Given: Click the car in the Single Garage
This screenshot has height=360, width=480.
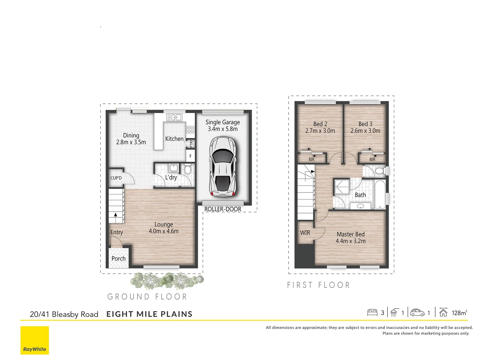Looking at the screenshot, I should (x=223, y=167).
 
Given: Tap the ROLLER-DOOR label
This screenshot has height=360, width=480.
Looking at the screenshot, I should (x=223, y=209).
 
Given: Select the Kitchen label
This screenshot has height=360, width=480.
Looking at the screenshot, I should (x=174, y=139).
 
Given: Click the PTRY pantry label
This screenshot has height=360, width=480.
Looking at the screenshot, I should (x=191, y=144).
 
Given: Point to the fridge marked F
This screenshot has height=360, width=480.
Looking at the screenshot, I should (x=190, y=156).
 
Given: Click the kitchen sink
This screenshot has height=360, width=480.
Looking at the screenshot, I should (x=174, y=117).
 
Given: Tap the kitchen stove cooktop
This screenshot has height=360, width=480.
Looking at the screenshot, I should (x=190, y=129).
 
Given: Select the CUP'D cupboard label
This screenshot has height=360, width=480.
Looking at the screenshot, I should (x=116, y=178).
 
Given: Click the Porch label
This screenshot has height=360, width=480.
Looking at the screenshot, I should (x=118, y=259).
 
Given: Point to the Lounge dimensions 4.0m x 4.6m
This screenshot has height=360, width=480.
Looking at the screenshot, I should (x=164, y=231).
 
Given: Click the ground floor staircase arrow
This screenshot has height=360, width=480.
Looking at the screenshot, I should (x=116, y=215).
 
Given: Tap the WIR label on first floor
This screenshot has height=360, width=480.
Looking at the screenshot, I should (x=305, y=233).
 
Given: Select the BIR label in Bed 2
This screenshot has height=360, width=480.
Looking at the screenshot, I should (x=311, y=159).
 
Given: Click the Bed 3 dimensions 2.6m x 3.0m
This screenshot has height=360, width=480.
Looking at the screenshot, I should (x=365, y=131).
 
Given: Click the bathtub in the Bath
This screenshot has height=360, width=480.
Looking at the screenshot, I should (x=380, y=194).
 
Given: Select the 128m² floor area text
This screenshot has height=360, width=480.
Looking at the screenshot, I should (x=459, y=313).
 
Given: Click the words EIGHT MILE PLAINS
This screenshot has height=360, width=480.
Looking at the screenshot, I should (x=149, y=314).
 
